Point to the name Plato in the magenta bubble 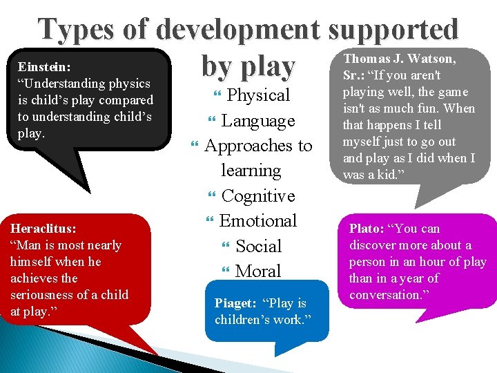367,229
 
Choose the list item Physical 258,95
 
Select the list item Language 258,121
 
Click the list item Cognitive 258,196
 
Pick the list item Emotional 258,221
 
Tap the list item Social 258,247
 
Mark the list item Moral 258,271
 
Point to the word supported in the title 393,30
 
